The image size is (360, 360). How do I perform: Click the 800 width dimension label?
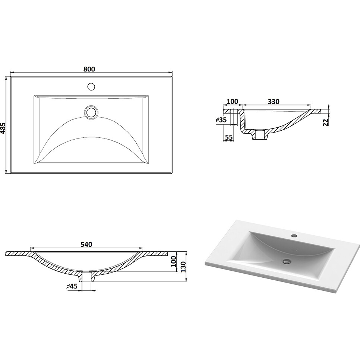click(89, 69)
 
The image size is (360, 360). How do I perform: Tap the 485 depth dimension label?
click(3, 128)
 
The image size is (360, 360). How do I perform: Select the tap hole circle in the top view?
click(91, 86)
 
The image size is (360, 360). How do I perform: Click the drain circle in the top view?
click(91, 112)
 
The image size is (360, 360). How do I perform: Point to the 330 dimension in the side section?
click(274, 101)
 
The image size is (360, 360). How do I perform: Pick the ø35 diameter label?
click(221, 120)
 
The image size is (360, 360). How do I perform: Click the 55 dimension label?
click(229, 137)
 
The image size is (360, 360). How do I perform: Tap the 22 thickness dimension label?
click(326, 122)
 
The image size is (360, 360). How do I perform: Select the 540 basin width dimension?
click(86, 245)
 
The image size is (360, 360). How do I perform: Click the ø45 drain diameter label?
click(72, 286)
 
